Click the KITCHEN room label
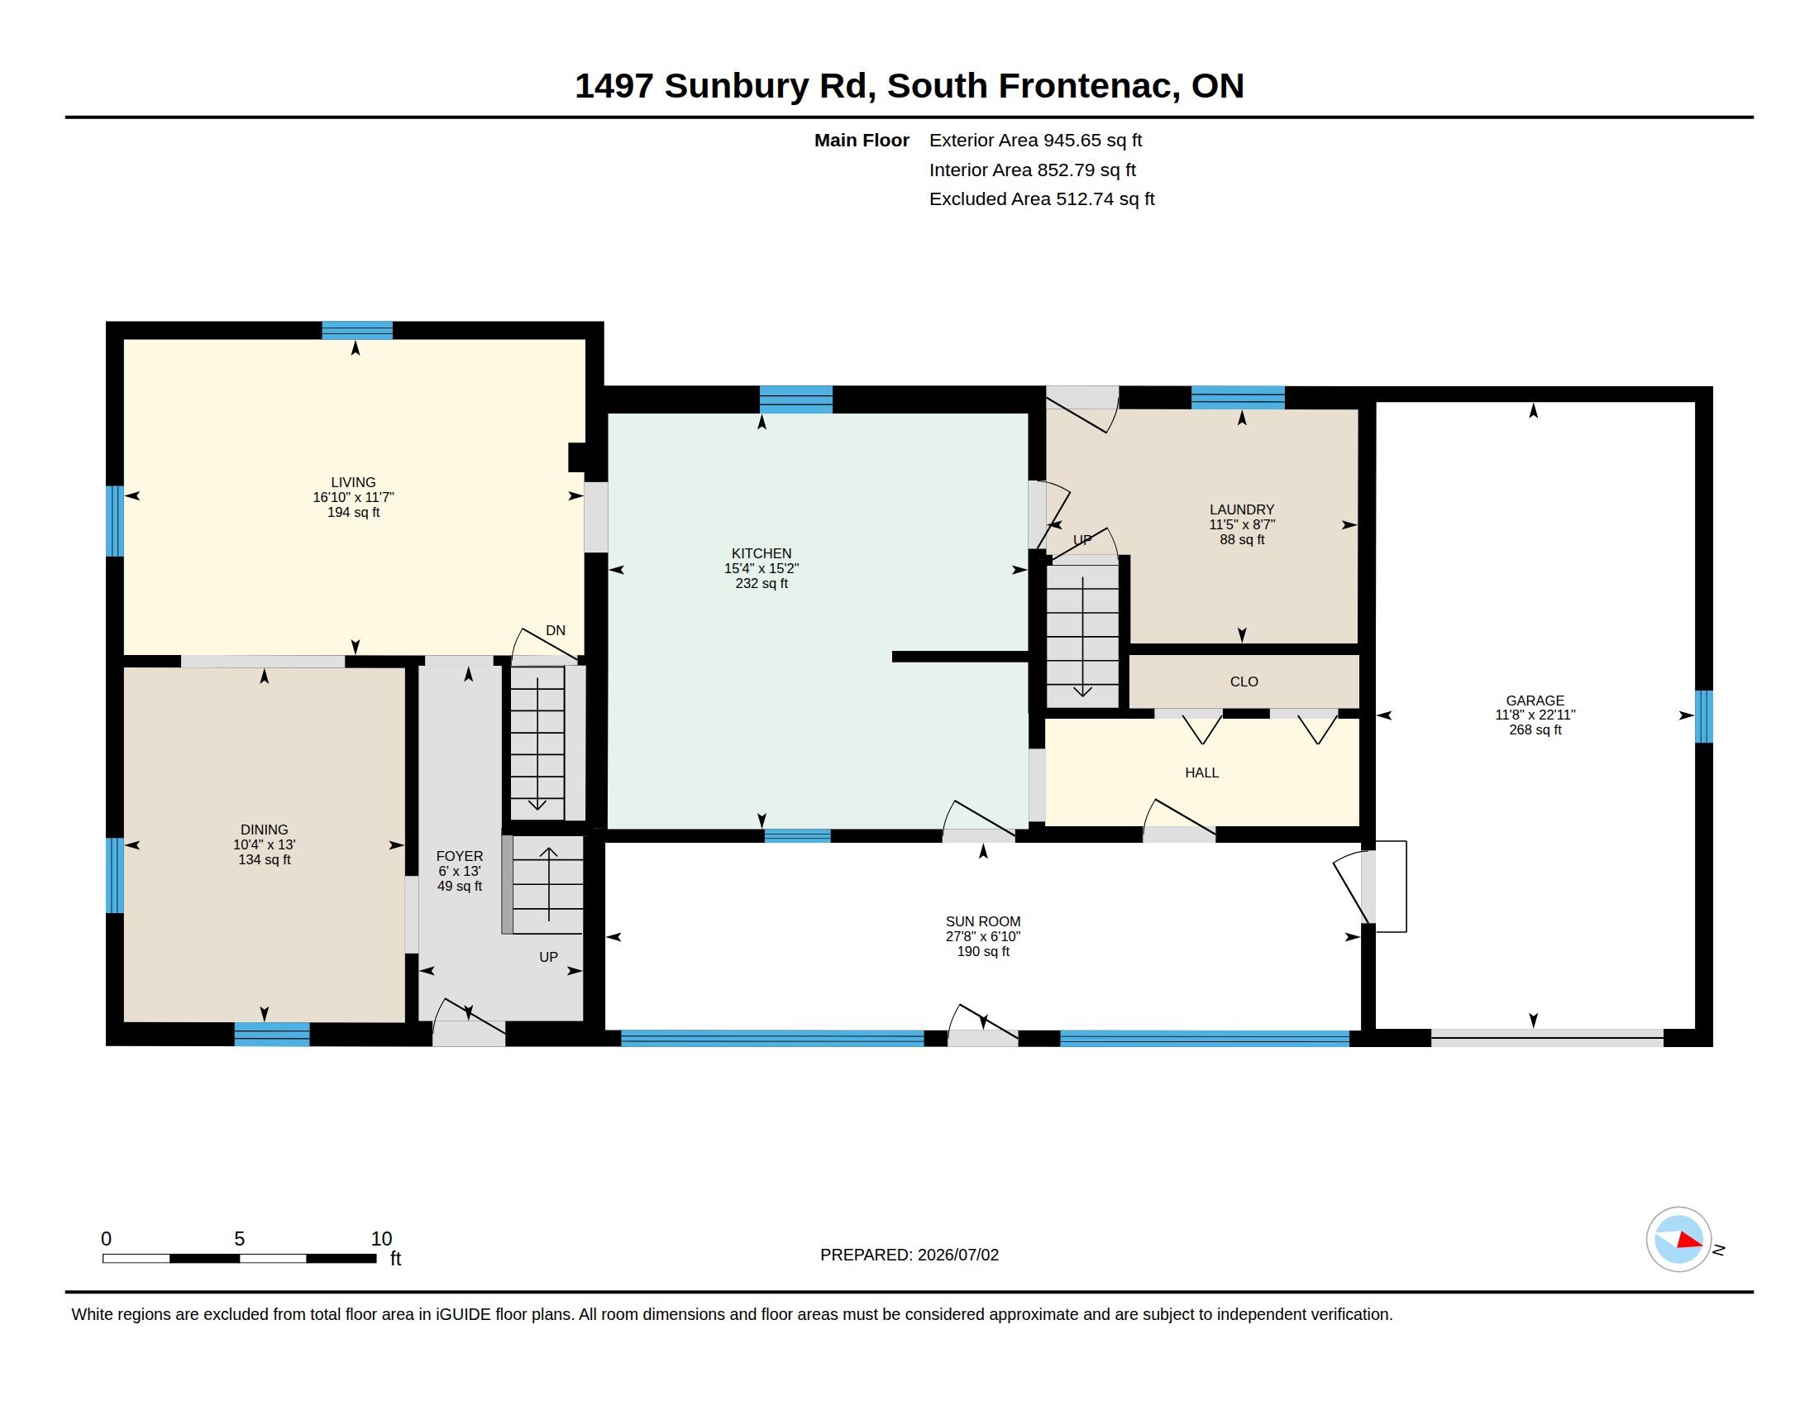tap(761, 553)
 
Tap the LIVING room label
tap(353, 482)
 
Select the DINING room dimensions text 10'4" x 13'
tap(264, 844)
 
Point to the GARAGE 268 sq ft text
tap(1535, 729)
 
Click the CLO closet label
tap(1244, 681)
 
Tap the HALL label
tap(1202, 773)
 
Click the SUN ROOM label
tap(983, 921)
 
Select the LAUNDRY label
tap(1242, 509)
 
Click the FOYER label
tap(460, 856)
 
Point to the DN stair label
tap(556, 630)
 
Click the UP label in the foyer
tap(548, 957)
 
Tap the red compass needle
tap(1689, 1241)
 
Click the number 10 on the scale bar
tap(381, 1239)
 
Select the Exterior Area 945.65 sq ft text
tap(1035, 141)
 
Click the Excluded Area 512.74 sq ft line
tap(1042, 199)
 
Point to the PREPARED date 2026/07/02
tap(957, 1255)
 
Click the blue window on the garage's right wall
tap(1704, 716)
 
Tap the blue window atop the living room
tap(357, 331)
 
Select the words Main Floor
tap(862, 141)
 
